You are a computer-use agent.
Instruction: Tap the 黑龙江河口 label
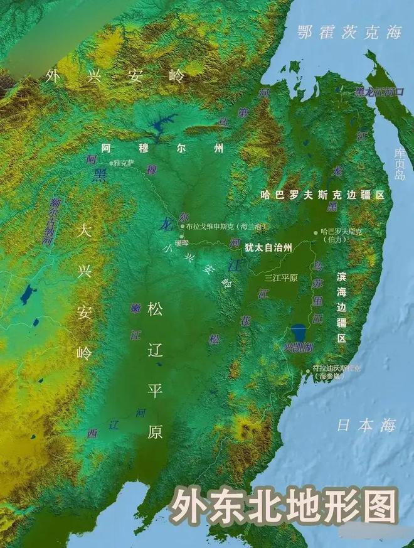click(x=379, y=92)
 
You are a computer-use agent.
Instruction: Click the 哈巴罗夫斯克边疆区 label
click(x=322, y=195)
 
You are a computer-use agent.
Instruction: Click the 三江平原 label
click(x=280, y=277)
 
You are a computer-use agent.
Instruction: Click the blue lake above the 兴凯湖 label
click(x=299, y=331)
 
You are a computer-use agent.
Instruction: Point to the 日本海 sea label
click(x=366, y=425)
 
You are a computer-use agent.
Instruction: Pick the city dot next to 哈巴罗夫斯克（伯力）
click(x=316, y=232)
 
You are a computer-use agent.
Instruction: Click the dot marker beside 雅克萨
click(x=111, y=163)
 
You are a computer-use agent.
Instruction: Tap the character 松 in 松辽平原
click(x=154, y=309)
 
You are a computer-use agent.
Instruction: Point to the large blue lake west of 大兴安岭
click(x=26, y=294)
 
